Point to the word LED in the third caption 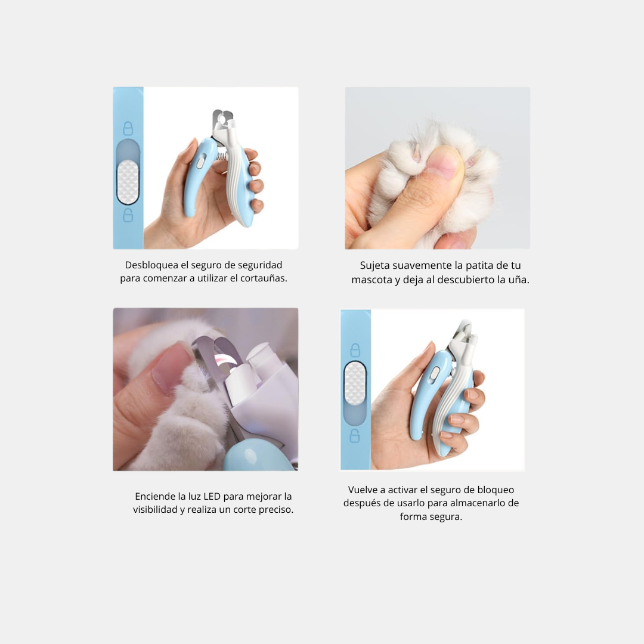[212, 496]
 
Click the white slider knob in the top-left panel [128, 182]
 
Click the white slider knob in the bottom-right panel [355, 383]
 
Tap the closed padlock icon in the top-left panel [128, 129]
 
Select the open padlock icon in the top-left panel [128, 215]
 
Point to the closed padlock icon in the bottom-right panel [355, 351]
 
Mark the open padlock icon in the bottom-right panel [355, 436]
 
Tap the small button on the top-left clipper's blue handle [200, 163]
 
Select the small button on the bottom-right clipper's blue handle [435, 374]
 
